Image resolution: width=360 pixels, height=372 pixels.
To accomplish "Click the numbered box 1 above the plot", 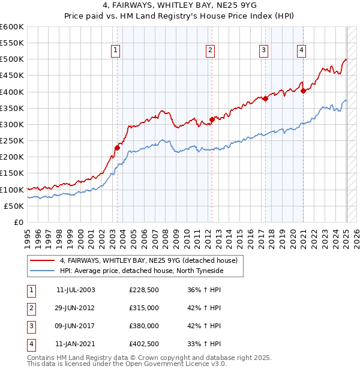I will click(115, 50).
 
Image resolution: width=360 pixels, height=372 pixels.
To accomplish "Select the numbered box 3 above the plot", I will click(263, 50).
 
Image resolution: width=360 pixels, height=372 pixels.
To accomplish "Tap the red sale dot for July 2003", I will click(118, 148).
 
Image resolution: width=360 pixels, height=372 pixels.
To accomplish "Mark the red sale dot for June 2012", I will click(212, 119).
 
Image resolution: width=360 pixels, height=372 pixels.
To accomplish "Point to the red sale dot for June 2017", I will click(265, 98).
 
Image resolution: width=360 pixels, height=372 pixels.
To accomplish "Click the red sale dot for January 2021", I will click(304, 91).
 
